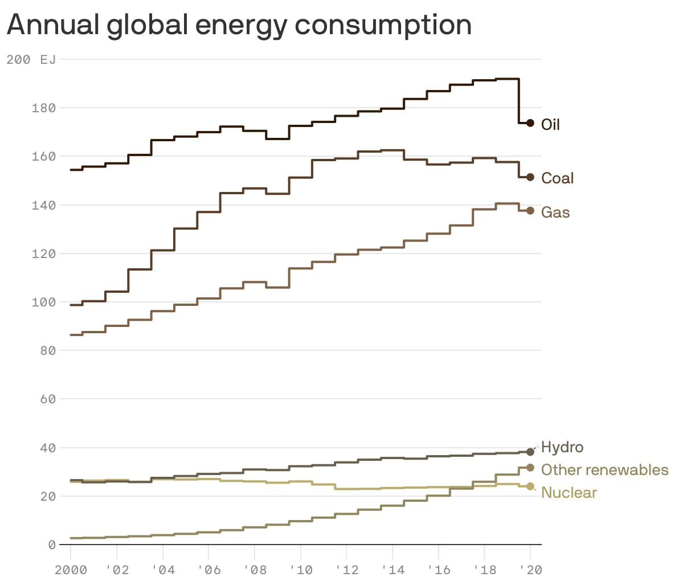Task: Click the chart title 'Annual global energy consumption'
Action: (239, 25)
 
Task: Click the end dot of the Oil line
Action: (530, 123)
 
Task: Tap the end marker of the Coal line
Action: (530, 178)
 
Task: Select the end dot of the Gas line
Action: (530, 211)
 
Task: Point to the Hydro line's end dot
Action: (530, 452)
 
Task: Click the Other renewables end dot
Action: (530, 468)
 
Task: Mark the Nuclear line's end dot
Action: (530, 486)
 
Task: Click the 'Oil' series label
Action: (550, 125)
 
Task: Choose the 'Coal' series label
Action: (557, 178)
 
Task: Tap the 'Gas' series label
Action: (555, 212)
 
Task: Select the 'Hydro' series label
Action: (562, 447)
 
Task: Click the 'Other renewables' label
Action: (604, 470)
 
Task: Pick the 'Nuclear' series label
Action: (569, 493)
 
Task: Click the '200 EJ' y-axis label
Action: (31, 59)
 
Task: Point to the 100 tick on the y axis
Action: (43, 302)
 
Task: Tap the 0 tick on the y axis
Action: (52, 545)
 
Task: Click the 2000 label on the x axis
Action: (71, 570)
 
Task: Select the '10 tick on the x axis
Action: (300, 570)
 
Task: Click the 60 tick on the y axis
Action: (48, 399)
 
